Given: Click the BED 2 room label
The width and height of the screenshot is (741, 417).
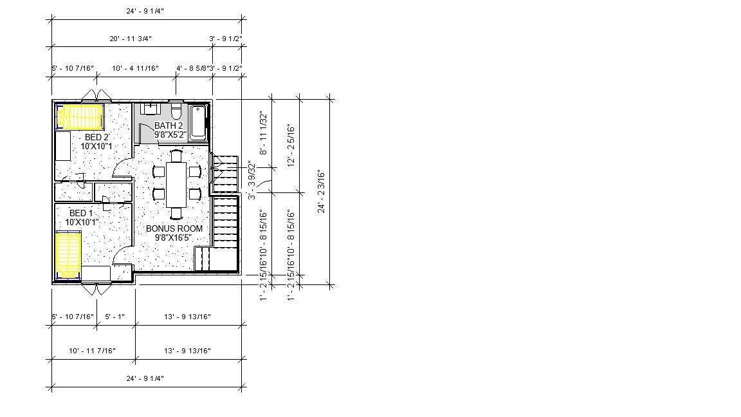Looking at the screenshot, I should click(x=96, y=137).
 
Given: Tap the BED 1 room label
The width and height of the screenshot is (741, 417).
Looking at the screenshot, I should click(x=81, y=213).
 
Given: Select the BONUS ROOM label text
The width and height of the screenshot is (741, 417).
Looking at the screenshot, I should click(x=174, y=228).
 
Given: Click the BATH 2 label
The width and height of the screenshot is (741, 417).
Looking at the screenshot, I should click(x=169, y=125).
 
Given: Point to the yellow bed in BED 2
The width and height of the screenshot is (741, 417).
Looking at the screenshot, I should click(x=80, y=117).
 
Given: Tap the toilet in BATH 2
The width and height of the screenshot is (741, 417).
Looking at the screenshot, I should click(x=176, y=107).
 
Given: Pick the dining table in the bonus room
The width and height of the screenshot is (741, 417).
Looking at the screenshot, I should click(x=176, y=184).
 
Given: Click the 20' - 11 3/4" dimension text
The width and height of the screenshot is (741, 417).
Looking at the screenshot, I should click(x=131, y=39).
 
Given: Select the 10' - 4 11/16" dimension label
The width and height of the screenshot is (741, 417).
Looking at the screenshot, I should click(x=135, y=68).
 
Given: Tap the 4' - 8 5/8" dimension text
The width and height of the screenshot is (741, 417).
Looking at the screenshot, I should click(x=191, y=68).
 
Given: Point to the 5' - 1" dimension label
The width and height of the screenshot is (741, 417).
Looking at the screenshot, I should click(x=114, y=317).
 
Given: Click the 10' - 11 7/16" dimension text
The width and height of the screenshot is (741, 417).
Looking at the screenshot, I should click(x=92, y=351).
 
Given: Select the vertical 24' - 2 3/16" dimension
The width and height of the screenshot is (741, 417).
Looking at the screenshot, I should click(x=322, y=190).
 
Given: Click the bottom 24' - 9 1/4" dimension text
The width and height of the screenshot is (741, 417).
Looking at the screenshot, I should click(x=145, y=378).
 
